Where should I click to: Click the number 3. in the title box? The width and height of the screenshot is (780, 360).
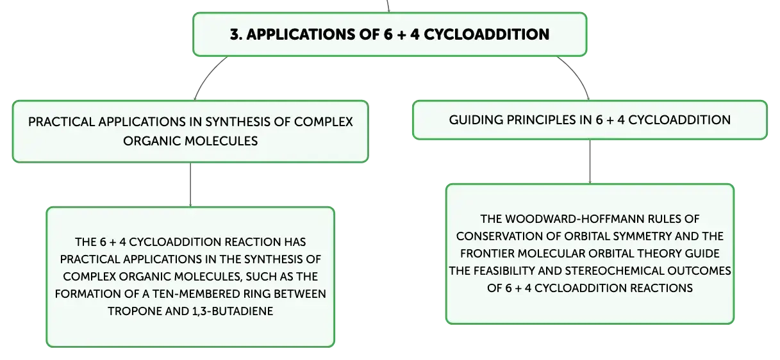tap(236, 35)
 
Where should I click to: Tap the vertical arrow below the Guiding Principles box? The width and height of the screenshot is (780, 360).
tap(590, 161)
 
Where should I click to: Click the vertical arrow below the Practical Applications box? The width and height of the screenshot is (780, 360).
tap(190, 184)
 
